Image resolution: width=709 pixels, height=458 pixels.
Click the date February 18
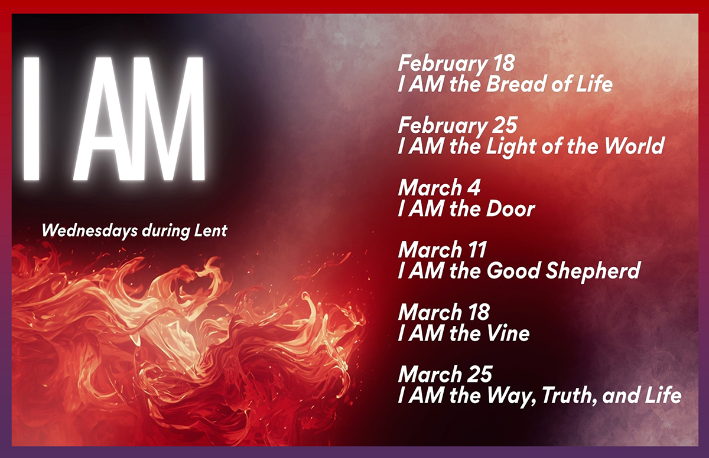click(456, 64)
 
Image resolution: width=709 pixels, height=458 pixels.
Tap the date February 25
click(458, 126)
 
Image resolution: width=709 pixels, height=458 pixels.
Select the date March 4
click(439, 188)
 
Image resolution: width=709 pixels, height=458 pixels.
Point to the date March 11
click(442, 250)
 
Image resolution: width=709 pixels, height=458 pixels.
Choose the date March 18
click(444, 312)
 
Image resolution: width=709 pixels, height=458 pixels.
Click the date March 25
click(445, 374)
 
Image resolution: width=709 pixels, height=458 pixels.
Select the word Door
click(510, 208)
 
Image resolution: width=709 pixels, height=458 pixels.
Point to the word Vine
click(508, 333)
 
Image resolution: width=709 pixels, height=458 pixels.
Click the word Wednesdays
click(90, 231)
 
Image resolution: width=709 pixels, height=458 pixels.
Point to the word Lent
click(211, 230)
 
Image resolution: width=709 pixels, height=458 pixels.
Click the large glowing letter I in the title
click(32, 119)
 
